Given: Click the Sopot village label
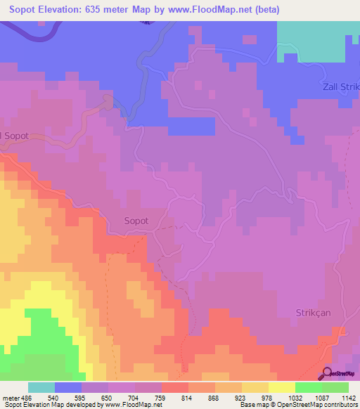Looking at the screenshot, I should (136, 221).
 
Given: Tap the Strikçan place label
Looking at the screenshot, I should (321, 311).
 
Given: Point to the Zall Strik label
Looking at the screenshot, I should (335, 86).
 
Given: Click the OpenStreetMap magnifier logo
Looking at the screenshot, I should (326, 374).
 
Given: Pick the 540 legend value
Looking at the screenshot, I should (53, 397).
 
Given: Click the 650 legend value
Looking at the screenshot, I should (107, 397).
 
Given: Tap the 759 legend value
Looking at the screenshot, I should (160, 397).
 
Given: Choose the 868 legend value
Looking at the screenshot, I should (214, 397).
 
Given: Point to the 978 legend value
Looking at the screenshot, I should (267, 397).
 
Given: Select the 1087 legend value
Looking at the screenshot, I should (320, 397).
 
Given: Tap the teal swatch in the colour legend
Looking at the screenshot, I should (41, 387).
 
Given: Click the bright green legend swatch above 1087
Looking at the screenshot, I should (308, 387).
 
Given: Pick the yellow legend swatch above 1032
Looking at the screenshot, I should (281, 387).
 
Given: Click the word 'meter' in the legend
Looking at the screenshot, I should (10, 397).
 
